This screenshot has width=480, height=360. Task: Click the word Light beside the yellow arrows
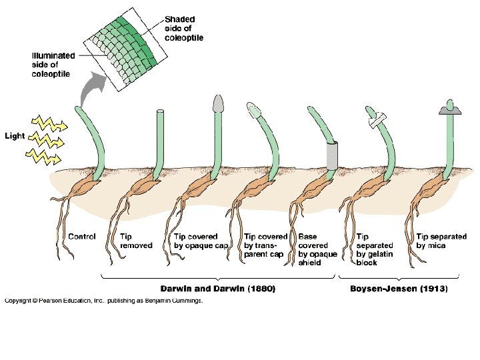pyautogui.click(x=15, y=136)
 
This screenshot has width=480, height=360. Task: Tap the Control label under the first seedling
pyautogui.click(x=83, y=237)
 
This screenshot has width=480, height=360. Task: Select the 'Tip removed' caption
pyautogui.click(x=136, y=241)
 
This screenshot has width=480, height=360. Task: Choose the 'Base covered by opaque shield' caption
pyautogui.click(x=317, y=249)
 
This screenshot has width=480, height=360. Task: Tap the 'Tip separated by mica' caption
pyautogui.click(x=441, y=241)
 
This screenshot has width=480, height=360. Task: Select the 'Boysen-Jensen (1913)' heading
pyautogui.click(x=399, y=289)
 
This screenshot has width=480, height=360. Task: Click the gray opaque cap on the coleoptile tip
pyautogui.click(x=218, y=103)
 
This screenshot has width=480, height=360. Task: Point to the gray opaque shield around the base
pyautogui.click(x=333, y=155)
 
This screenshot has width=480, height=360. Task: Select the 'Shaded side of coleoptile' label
pyautogui.click(x=183, y=29)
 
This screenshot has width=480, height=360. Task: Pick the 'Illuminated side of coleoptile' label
pyautogui.click(x=53, y=65)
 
